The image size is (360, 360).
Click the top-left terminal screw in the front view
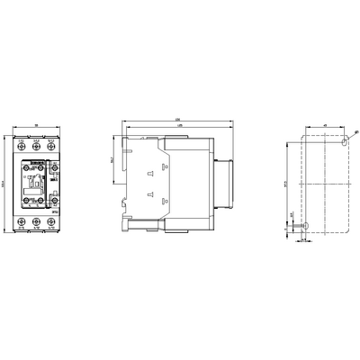coord(21,149)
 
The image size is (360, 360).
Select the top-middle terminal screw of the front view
coord(36,149)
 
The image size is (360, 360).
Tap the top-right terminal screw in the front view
coord(51,149)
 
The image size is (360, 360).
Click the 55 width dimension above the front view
coord(36,126)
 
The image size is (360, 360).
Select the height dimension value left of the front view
coord(4,183)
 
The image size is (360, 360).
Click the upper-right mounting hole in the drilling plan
coord(346,142)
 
